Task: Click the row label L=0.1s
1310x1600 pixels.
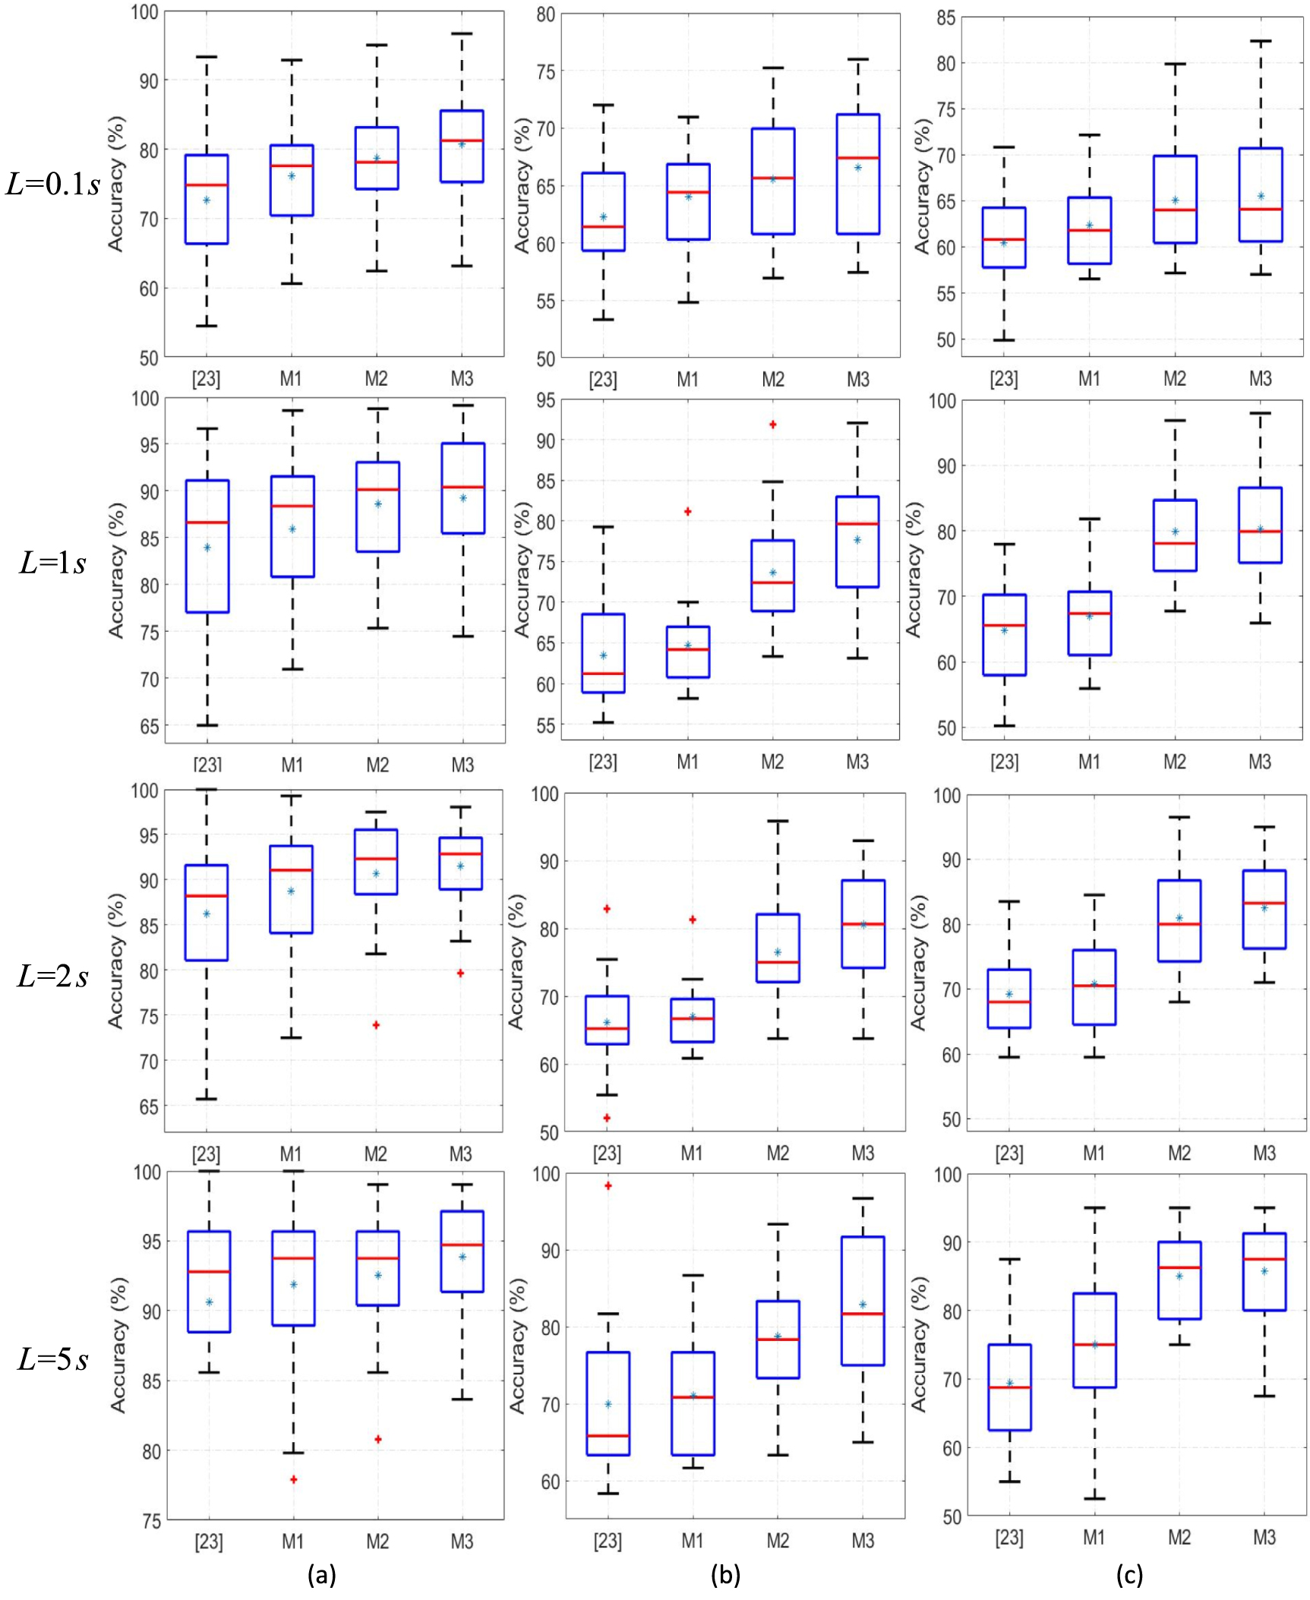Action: (x=53, y=184)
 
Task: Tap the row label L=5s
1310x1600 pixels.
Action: (x=53, y=1359)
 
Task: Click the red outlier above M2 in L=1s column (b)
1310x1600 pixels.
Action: (x=772, y=424)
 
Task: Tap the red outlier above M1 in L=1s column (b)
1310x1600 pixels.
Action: (x=688, y=512)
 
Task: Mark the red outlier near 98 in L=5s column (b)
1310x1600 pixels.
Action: (x=608, y=1185)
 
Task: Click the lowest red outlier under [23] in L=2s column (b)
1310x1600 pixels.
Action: (x=607, y=1118)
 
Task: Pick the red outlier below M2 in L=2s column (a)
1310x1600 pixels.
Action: (x=376, y=1025)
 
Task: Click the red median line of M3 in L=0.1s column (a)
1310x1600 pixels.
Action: (x=462, y=140)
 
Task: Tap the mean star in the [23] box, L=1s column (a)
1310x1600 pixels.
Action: (x=207, y=548)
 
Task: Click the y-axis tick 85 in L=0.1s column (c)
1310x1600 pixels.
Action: (x=945, y=17)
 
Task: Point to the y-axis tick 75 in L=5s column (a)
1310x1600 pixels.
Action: (x=151, y=1520)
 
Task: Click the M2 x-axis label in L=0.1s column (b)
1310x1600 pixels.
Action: (x=772, y=379)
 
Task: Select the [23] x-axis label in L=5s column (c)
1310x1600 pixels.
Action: (x=1009, y=1538)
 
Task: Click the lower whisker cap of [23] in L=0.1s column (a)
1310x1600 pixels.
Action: (x=207, y=326)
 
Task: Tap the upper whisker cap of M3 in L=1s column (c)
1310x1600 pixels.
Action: (x=1260, y=413)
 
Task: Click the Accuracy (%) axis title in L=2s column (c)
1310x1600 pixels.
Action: (x=919, y=962)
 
